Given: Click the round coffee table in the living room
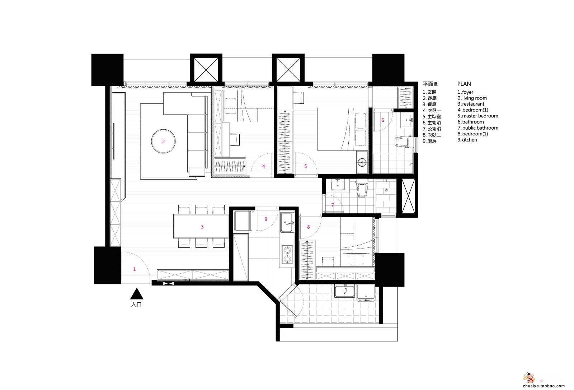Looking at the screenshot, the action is [163, 141].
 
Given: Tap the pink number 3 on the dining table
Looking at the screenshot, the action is [202, 227].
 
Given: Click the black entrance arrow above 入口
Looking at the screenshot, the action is [137, 293].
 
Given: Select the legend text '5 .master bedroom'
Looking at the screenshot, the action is [477, 116].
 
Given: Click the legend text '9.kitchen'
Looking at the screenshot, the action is [467, 140].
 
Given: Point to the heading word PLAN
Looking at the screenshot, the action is [464, 84].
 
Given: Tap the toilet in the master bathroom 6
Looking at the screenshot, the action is [404, 141].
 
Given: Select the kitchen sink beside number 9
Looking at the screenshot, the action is [287, 222].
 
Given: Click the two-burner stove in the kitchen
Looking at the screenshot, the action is [287, 255].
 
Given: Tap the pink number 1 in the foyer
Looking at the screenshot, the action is [134, 269].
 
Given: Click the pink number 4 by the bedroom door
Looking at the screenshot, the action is [263, 166].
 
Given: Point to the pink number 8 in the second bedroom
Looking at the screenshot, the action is [308, 227].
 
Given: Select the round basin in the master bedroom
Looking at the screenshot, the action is [362, 162].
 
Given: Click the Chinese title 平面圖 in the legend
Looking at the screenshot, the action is [430, 84].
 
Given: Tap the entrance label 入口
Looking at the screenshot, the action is [136, 305].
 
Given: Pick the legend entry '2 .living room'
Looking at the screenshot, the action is [472, 98].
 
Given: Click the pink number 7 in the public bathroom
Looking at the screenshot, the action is [333, 205].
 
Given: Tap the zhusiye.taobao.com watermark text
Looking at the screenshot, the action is [543, 386].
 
